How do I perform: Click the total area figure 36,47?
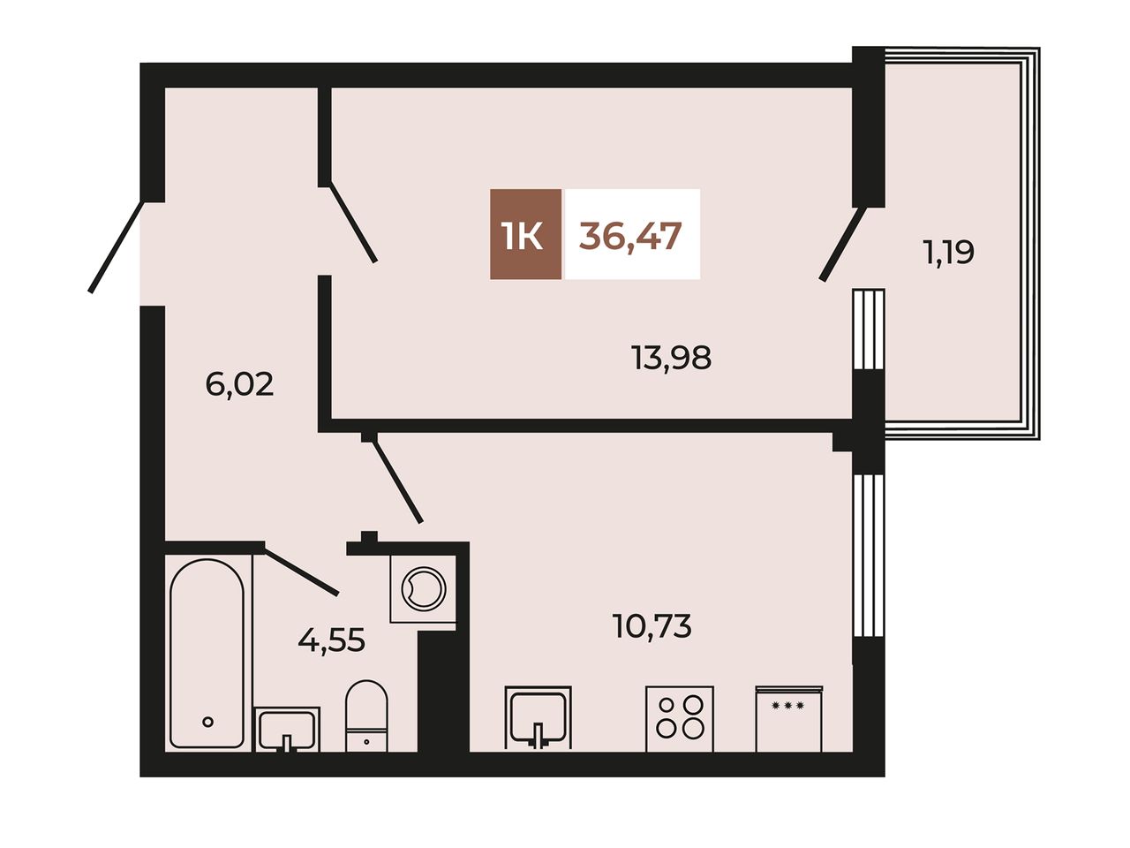[630, 237]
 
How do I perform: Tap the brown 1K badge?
[525, 234]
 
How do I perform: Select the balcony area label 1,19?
[949, 254]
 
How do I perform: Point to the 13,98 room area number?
[671, 359]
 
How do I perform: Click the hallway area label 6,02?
[239, 384]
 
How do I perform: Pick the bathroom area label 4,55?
[331, 640]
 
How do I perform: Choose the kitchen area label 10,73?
[652, 626]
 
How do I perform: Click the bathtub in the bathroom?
[207, 654]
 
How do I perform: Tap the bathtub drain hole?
[208, 722]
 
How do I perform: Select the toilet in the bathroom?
[366, 716]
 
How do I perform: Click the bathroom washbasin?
[287, 730]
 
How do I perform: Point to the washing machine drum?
[423, 589]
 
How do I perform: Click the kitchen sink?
[538, 718]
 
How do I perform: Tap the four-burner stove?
[680, 718]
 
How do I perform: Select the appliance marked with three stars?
[788, 718]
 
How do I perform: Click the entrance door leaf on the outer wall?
[116, 247]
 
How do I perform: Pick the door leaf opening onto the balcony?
[843, 243]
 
